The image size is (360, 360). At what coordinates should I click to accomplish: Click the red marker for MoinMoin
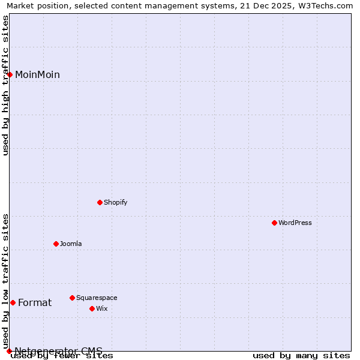pos(10,74)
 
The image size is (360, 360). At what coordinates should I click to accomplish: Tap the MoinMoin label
pos(37,75)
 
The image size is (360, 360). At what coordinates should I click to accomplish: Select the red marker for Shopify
pos(100,202)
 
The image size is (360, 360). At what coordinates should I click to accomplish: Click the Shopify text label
pos(115,203)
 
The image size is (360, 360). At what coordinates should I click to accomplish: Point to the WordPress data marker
pos(274,223)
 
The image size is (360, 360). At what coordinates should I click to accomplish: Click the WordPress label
pos(295,223)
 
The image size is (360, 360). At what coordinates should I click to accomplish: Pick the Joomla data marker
pos(56,244)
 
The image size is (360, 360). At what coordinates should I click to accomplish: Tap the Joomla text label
pos(71,244)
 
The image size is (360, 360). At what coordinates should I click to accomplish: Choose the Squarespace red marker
pos(72,298)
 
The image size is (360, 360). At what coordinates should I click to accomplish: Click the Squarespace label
pos(97,298)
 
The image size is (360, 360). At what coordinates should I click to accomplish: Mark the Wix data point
pos(92,308)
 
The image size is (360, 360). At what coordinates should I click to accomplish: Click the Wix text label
pos(102,309)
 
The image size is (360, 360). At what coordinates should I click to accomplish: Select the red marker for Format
pos(13,302)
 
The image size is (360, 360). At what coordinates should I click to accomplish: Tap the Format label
pos(35,303)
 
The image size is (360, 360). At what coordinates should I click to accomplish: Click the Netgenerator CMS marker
pos(9,351)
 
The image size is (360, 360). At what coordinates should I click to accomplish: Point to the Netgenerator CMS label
pos(58,351)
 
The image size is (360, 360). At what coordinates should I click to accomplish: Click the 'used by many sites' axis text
pos(301,356)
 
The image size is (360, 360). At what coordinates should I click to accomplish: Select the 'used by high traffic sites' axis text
pos(6,85)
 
